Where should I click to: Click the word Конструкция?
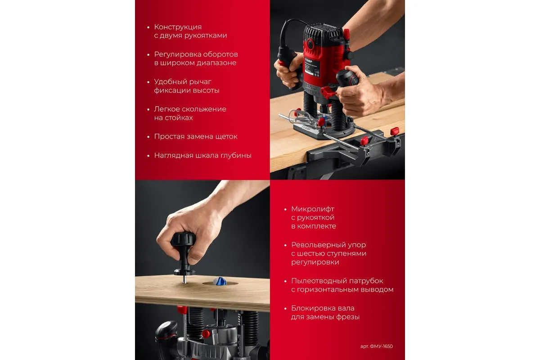[178, 27]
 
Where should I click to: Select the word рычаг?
[200, 82]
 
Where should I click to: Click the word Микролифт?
[313, 209]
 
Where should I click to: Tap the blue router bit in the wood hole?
[220, 281]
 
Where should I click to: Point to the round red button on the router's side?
[310, 44]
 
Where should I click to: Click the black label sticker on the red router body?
[312, 68]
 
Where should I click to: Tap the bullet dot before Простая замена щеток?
[148, 137]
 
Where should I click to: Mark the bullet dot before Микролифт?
[285, 209]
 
